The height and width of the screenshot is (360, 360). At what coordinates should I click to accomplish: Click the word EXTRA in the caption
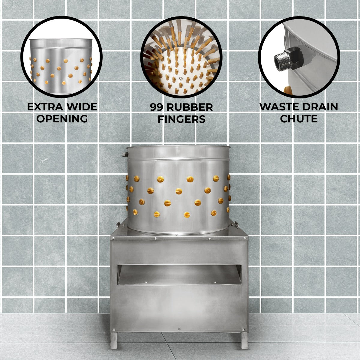click(x=45, y=107)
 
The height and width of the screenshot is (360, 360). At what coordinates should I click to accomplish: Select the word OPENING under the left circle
click(x=62, y=118)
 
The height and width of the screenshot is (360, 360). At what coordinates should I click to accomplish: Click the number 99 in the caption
click(x=156, y=107)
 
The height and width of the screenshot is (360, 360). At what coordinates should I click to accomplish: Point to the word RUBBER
click(x=189, y=107)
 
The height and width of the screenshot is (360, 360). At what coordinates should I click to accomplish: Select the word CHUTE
click(x=299, y=118)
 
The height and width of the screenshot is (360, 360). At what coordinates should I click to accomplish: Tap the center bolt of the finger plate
click(x=181, y=79)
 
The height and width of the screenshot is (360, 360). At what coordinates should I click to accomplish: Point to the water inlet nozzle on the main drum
click(x=125, y=154)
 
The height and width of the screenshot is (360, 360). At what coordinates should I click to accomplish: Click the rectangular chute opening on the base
click(x=179, y=274)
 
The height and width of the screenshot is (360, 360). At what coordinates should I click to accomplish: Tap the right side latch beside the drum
click(x=236, y=224)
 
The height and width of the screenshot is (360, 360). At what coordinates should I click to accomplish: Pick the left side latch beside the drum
click(x=118, y=224)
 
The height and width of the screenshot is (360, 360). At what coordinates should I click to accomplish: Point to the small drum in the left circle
click(x=61, y=67)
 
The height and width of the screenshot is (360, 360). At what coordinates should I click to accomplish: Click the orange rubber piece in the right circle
click(x=287, y=90)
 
